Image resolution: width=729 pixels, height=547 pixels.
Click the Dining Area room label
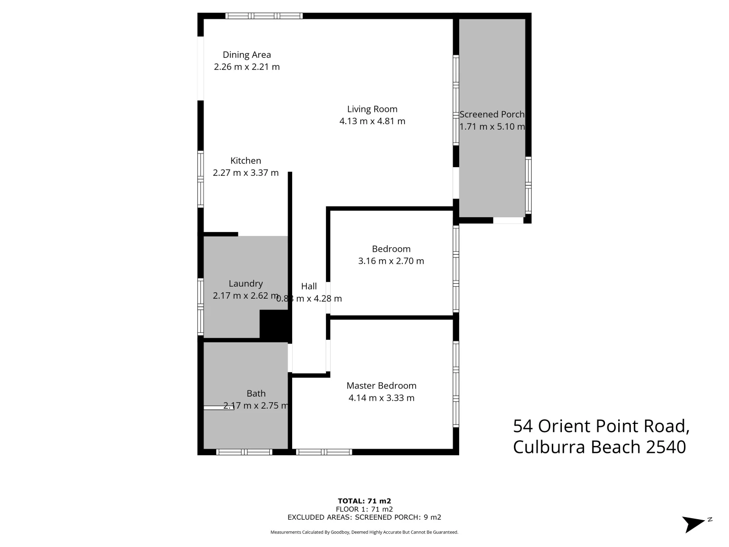click(x=247, y=55)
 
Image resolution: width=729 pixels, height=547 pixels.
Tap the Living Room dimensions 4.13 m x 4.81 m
click(x=372, y=121)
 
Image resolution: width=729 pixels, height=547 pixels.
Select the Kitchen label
click(x=246, y=161)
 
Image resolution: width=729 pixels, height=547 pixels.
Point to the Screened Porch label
click(x=492, y=114)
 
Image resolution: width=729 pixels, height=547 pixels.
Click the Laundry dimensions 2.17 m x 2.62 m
click(x=246, y=296)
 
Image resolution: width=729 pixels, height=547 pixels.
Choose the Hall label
click(x=309, y=286)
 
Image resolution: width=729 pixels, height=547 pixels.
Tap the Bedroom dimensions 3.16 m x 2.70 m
click(x=391, y=261)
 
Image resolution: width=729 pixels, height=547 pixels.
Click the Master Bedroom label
click(x=381, y=385)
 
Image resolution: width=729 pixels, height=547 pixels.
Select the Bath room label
click(x=256, y=394)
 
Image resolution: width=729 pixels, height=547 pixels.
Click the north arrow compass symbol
click(x=695, y=523)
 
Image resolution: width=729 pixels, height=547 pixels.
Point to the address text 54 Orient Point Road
click(x=601, y=426)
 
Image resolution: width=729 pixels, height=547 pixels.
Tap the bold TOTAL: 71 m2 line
click(x=364, y=501)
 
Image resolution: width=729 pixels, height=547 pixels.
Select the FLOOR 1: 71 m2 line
click(x=364, y=509)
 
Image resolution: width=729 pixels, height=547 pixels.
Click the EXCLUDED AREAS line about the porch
click(x=364, y=517)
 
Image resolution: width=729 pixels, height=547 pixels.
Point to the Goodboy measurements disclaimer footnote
click(x=364, y=532)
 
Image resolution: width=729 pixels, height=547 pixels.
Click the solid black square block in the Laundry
click(x=273, y=324)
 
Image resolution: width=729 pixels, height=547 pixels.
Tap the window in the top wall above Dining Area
click(x=264, y=16)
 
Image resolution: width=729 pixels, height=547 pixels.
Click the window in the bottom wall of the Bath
click(x=244, y=452)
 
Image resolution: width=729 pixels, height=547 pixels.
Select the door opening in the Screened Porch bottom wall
click(x=508, y=220)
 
